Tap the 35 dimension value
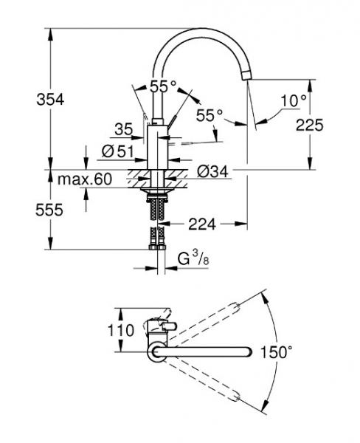[x=123, y=130]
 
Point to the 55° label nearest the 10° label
[x=210, y=115]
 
